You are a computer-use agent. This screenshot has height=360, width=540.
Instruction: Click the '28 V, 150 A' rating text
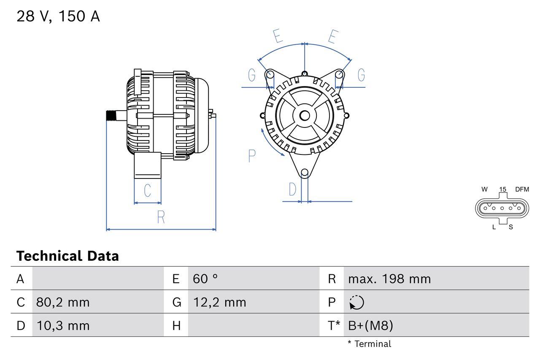click(x=58, y=16)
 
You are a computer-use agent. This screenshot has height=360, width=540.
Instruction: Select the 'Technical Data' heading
click(x=67, y=256)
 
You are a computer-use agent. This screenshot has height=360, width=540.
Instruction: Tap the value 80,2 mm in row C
click(x=63, y=302)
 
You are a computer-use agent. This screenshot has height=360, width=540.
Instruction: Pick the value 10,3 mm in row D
click(x=63, y=326)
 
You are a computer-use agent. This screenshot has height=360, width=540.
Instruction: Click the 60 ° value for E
click(x=205, y=279)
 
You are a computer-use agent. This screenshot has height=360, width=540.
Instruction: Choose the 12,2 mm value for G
click(x=219, y=302)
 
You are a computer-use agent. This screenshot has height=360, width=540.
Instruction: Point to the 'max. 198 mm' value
click(x=389, y=279)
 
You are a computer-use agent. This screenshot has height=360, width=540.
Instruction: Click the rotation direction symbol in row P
click(x=356, y=303)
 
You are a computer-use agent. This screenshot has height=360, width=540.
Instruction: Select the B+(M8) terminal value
click(x=370, y=326)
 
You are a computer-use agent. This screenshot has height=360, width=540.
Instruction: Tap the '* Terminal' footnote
click(x=370, y=344)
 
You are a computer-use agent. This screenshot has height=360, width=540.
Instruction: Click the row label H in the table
click(x=176, y=326)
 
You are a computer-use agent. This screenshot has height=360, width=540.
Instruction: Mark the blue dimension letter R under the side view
click(x=161, y=217)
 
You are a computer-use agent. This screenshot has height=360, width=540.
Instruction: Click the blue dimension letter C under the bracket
click(x=147, y=191)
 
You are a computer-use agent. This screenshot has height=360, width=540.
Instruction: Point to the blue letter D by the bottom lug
click(x=292, y=190)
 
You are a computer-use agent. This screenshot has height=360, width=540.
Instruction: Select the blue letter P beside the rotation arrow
click(x=252, y=156)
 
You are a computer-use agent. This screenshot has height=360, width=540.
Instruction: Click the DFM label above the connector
click(x=521, y=189)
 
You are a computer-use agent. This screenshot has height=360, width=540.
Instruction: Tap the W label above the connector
click(x=484, y=189)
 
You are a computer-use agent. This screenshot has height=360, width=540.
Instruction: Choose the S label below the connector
click(x=510, y=227)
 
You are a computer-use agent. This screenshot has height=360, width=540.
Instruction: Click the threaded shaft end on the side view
click(x=111, y=116)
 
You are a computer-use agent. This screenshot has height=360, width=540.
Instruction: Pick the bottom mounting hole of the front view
click(x=305, y=172)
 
